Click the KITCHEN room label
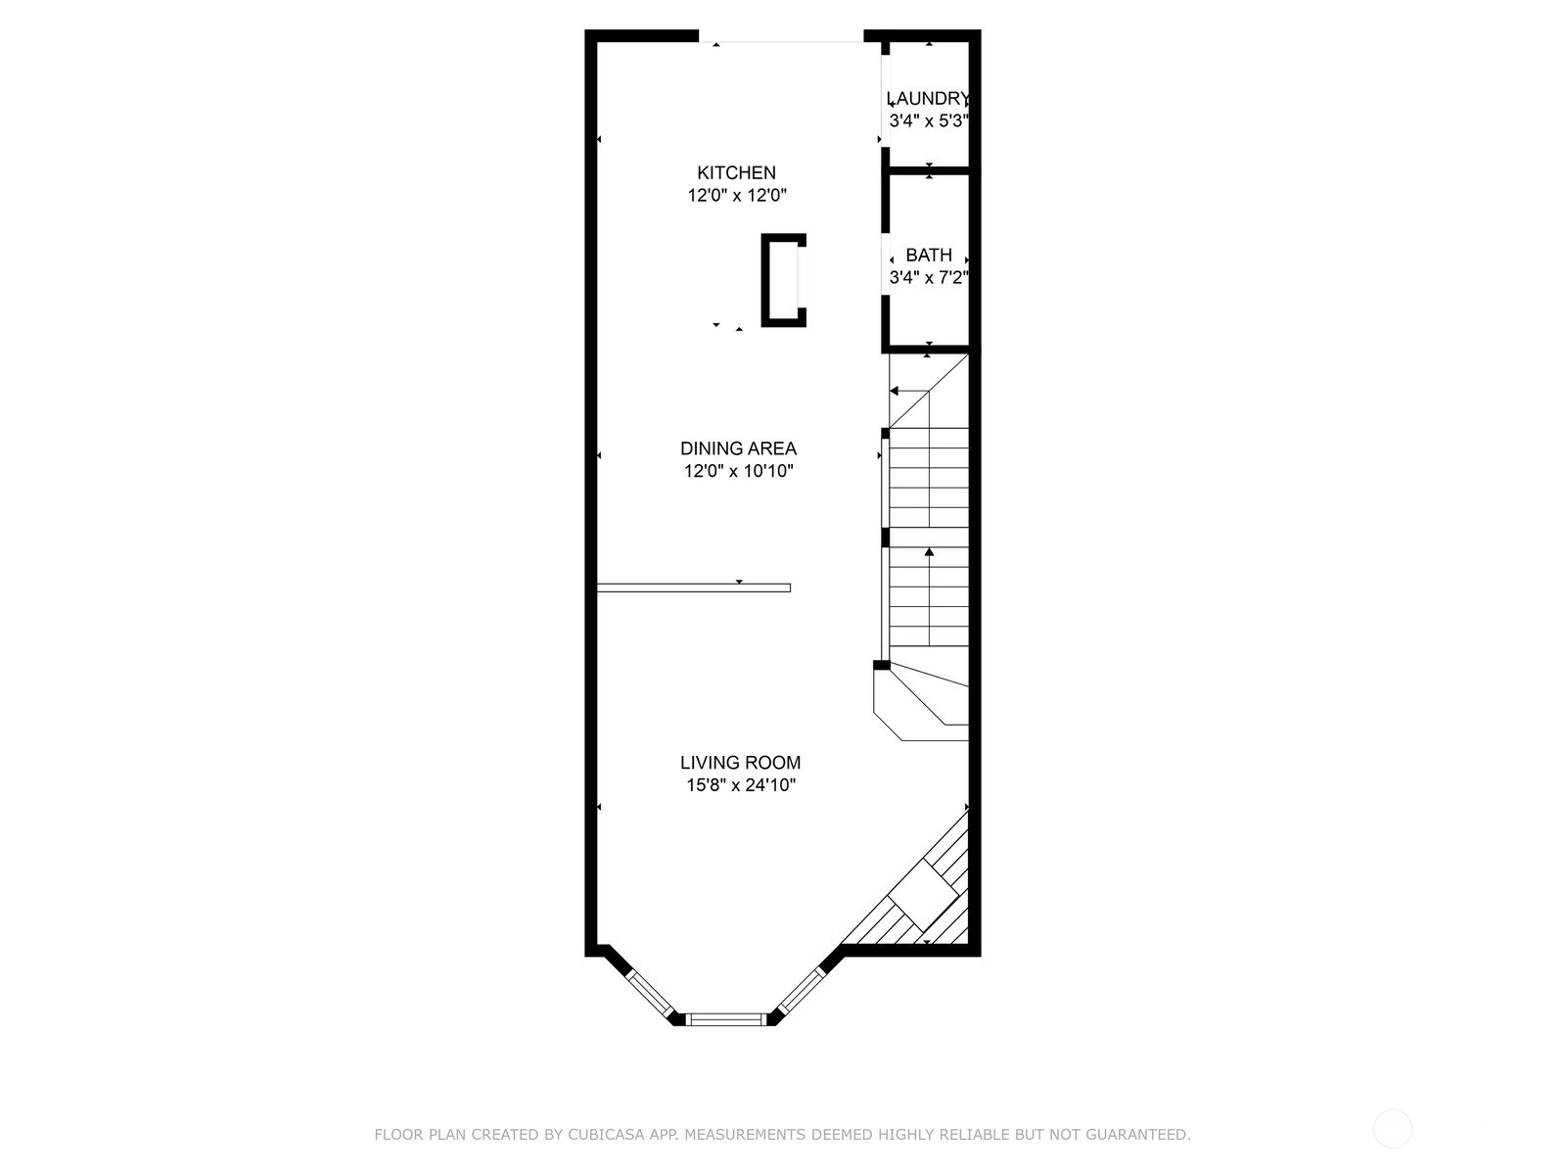[x=736, y=172]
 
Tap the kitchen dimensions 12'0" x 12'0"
[x=737, y=196]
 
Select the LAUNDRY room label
[x=928, y=99]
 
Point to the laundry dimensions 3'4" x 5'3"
[x=928, y=121]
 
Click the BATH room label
[x=929, y=255]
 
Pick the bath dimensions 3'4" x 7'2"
[x=928, y=277]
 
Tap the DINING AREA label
[x=738, y=448]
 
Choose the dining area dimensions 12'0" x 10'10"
[x=739, y=472]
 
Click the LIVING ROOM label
[x=741, y=763]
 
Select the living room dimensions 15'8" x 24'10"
[x=741, y=785]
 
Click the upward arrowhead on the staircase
[x=929, y=551]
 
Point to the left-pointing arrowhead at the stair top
[x=894, y=391]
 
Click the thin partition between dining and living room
[x=694, y=587]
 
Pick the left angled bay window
[x=649, y=994]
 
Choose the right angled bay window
[x=802, y=991]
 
